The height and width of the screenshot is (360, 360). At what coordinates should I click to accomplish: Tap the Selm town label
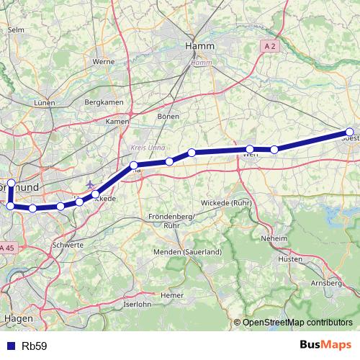[x=15, y=30]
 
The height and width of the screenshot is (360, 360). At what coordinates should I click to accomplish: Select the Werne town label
[x=104, y=62]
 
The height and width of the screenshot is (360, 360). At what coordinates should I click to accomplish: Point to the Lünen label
[x=44, y=103]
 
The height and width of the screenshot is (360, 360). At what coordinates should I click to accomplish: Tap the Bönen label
[x=168, y=115]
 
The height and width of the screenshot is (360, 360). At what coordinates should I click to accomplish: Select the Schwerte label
[x=68, y=245]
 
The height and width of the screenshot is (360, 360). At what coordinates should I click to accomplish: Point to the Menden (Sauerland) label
[x=186, y=252]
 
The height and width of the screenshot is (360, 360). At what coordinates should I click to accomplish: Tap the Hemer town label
[x=172, y=294]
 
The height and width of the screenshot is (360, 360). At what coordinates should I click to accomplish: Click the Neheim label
[x=274, y=238]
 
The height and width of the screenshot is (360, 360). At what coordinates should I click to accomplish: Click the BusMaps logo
[x=325, y=346]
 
